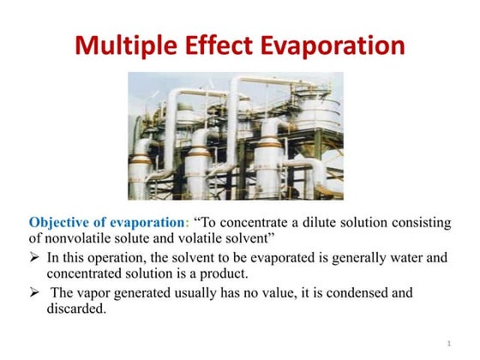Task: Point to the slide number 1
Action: point(448,344)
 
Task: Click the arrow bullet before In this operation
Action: point(34,256)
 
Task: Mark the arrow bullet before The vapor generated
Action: point(34,293)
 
